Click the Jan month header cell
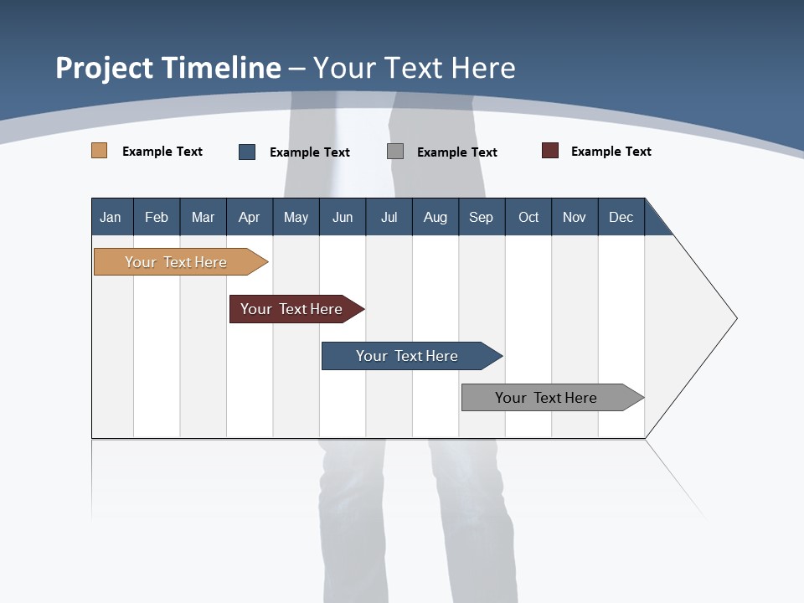[111, 217]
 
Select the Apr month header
[250, 217]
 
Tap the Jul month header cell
[389, 217]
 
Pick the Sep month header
[482, 217]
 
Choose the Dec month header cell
[621, 217]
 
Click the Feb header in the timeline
[157, 217]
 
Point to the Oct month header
[528, 217]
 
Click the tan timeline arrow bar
[176, 262]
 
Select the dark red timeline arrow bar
[292, 309]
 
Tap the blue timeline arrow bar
[407, 356]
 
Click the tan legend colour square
[99, 151]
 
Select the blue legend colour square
[247, 152]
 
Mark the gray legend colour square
[395, 151]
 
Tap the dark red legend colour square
[550, 151]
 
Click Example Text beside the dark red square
[611, 152]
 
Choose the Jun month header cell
[343, 217]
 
